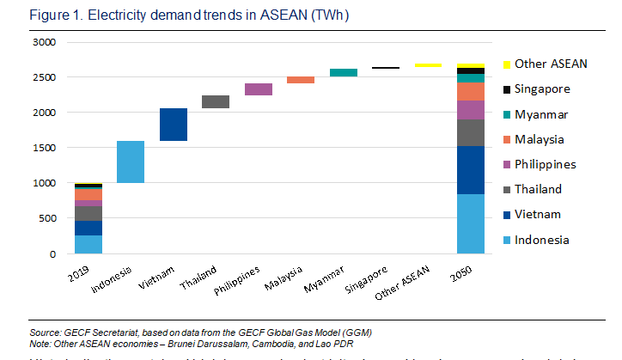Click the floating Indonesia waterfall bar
coord(131,162)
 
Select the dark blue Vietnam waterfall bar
coord(174,125)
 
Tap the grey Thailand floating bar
coord(216,102)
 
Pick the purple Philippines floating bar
coord(259,89)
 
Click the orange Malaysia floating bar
coord(301,80)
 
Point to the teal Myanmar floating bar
coord(344,73)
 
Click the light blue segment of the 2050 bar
coord(470,224)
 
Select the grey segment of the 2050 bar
coord(470,133)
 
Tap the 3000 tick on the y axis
coord(43,42)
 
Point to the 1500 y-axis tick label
coord(43,148)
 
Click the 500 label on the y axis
coord(46,219)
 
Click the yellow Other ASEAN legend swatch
coord(507,64)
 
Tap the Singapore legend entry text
coord(543,88)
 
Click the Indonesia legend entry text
coord(543,240)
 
